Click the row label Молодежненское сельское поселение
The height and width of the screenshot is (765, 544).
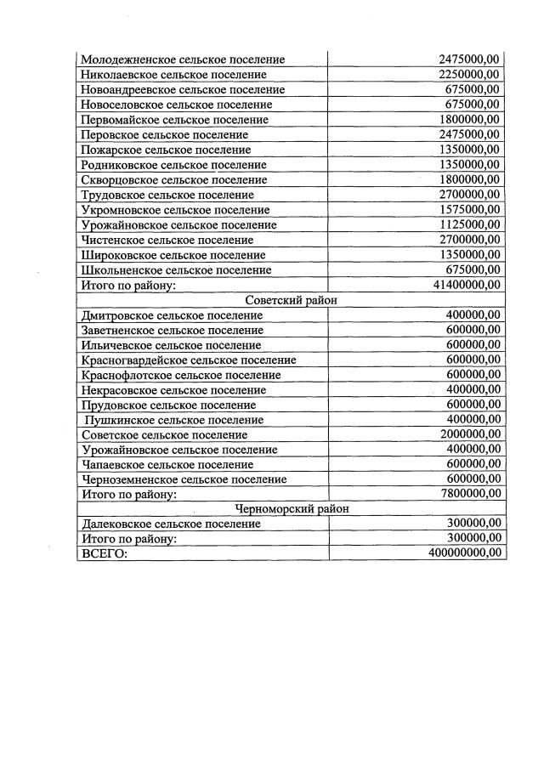183,59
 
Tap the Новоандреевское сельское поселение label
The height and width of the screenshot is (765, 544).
183,90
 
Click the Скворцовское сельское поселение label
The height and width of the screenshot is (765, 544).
173,180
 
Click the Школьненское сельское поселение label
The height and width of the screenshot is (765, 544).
176,270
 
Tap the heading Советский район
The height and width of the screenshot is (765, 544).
291,300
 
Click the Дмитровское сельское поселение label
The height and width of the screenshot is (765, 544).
172,315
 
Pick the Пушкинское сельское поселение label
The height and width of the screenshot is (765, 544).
174,420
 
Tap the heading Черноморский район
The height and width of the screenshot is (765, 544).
291,509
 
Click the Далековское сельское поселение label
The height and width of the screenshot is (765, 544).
171,524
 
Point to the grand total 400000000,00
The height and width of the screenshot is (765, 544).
464,553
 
